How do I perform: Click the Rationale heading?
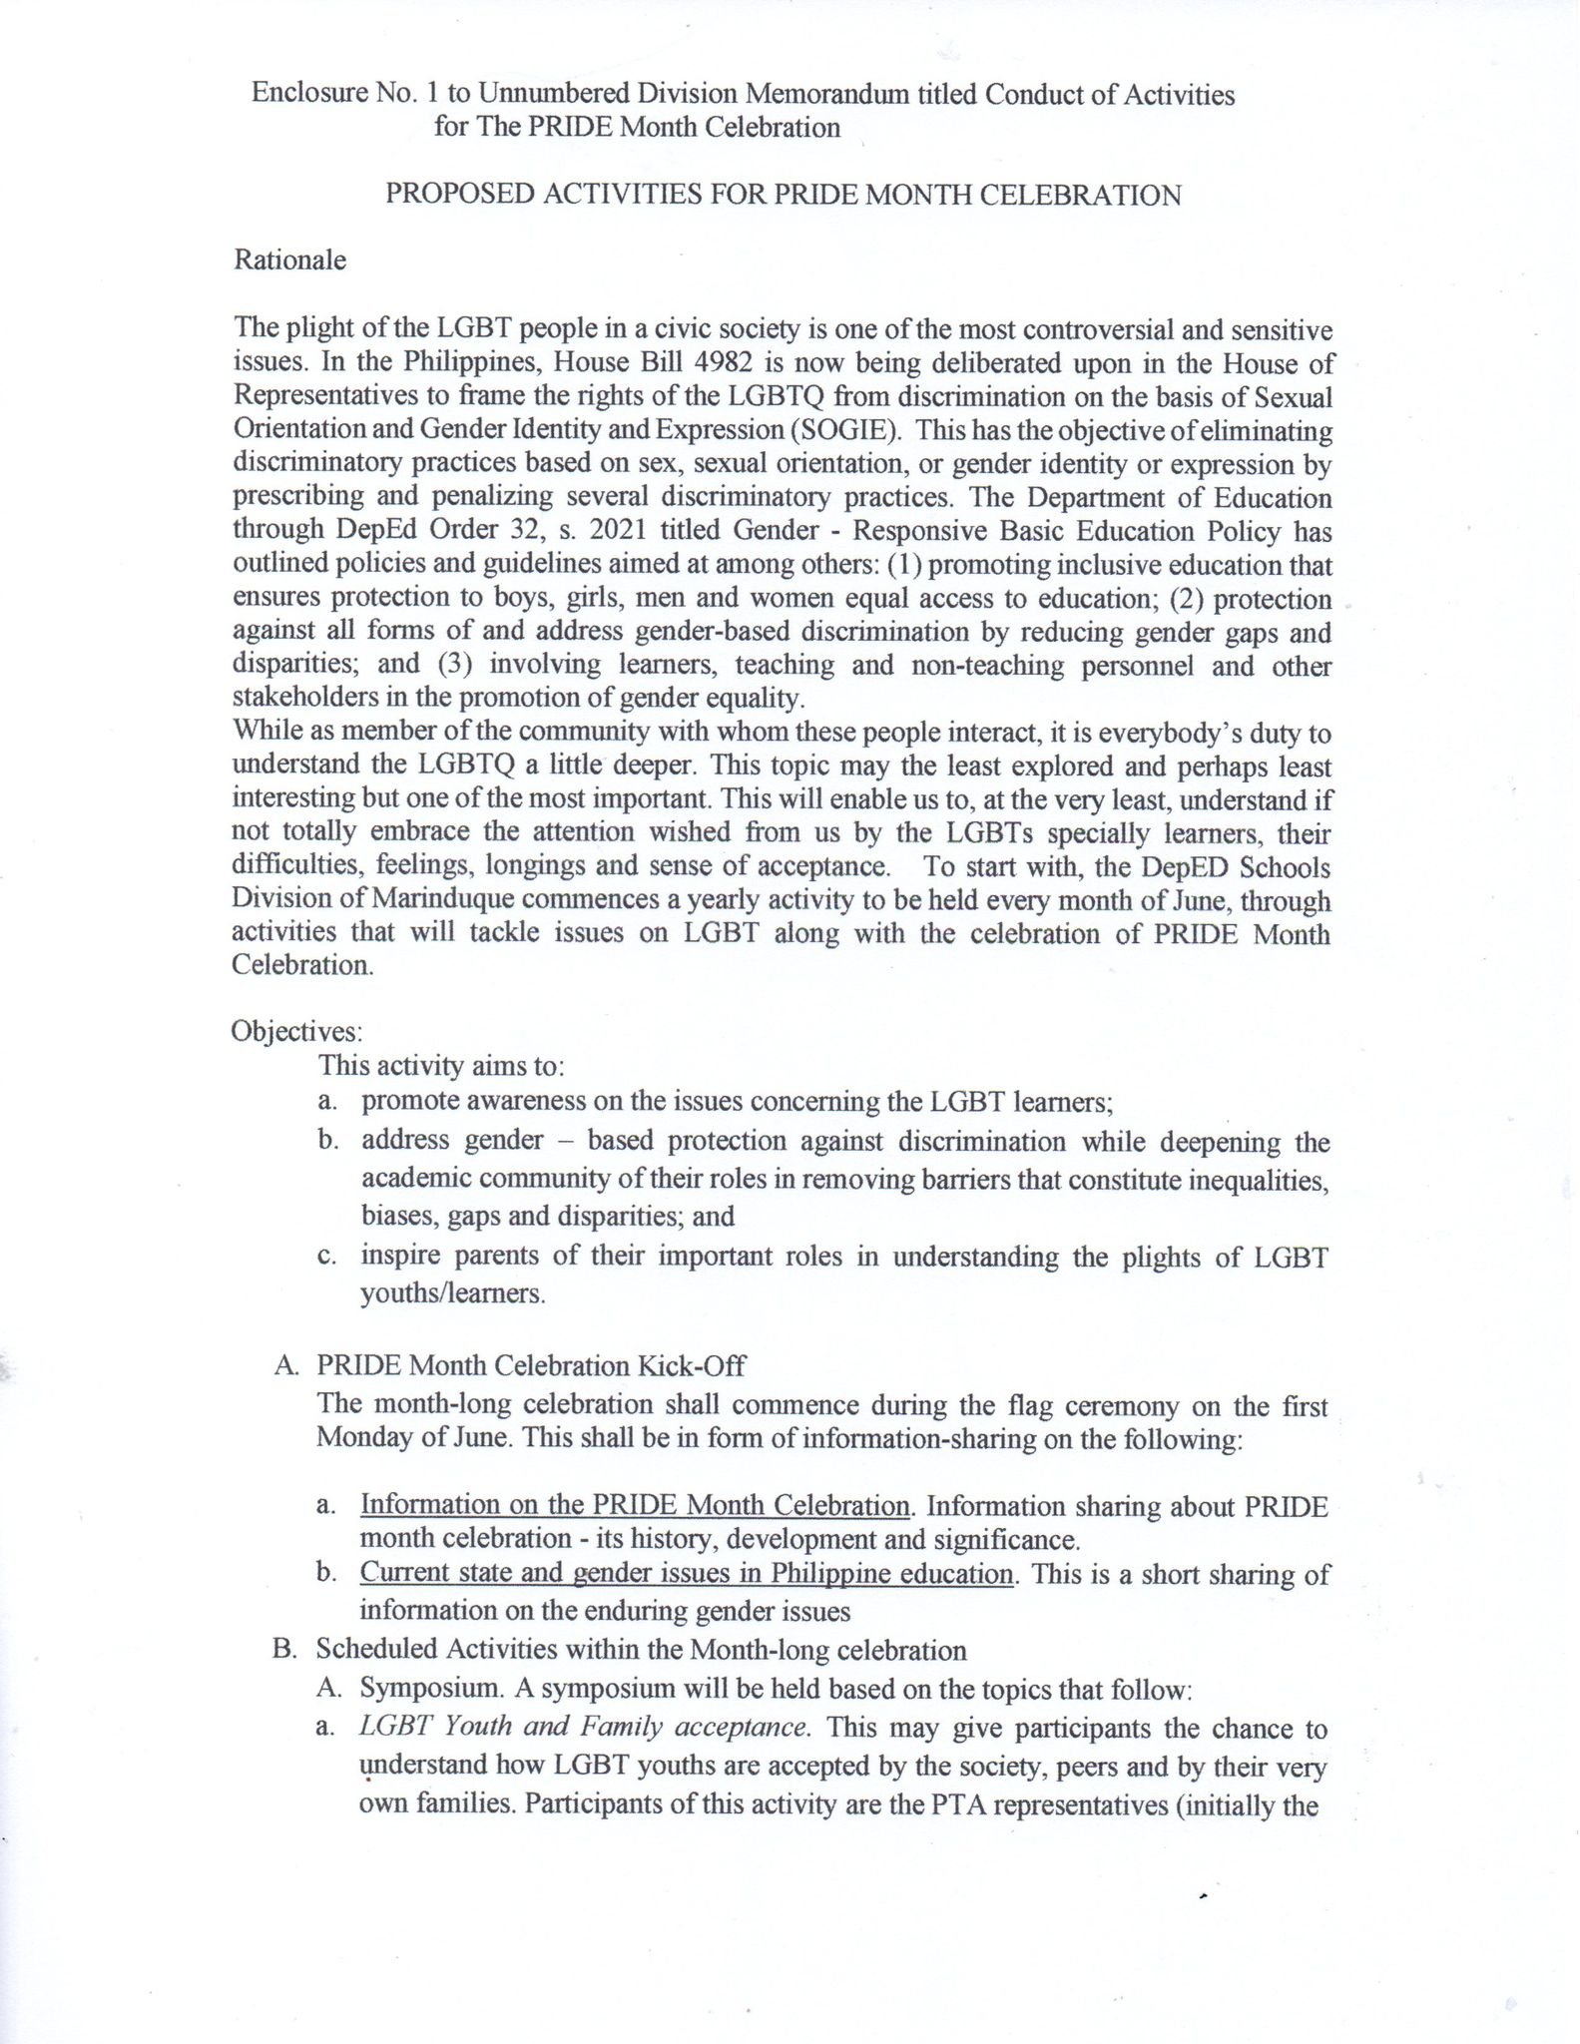(x=289, y=260)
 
